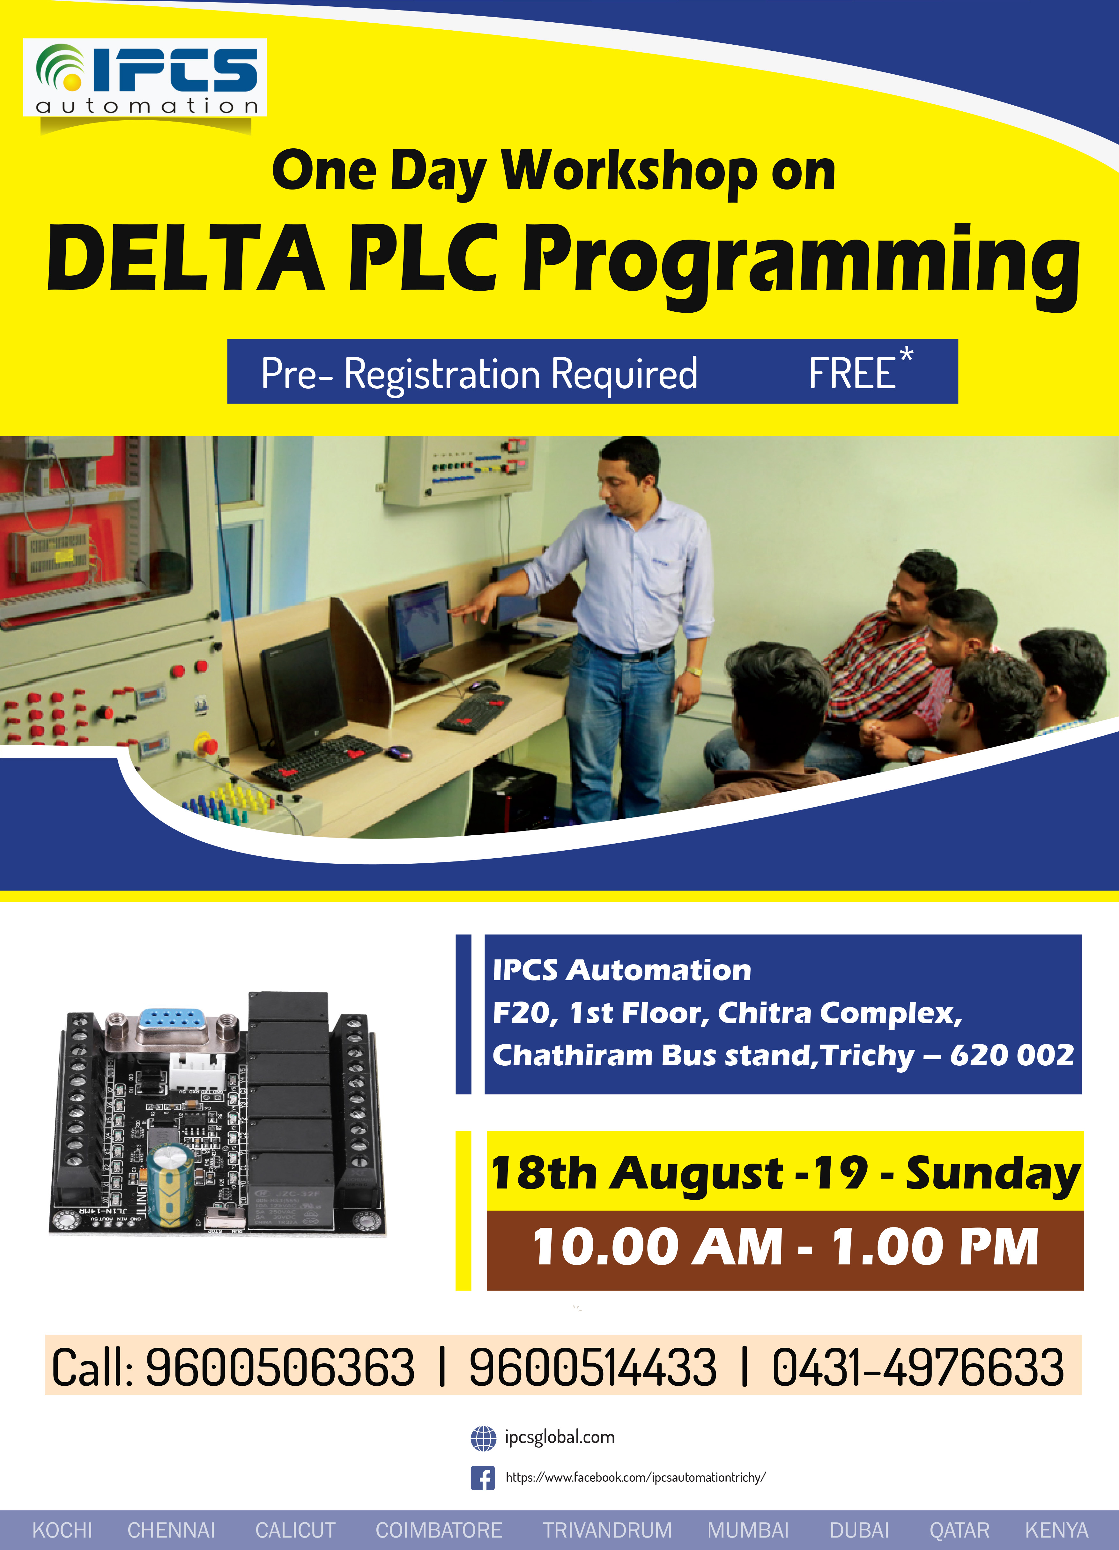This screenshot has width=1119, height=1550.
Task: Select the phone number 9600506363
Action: tap(280, 1367)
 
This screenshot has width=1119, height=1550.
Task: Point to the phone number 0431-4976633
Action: tap(917, 1367)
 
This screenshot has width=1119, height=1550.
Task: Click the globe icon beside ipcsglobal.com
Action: tap(483, 1438)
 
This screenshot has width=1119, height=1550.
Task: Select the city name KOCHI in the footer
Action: tap(62, 1530)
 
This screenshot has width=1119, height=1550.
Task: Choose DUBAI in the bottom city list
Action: tap(859, 1530)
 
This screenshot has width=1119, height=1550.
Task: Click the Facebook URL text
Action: tap(635, 1478)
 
